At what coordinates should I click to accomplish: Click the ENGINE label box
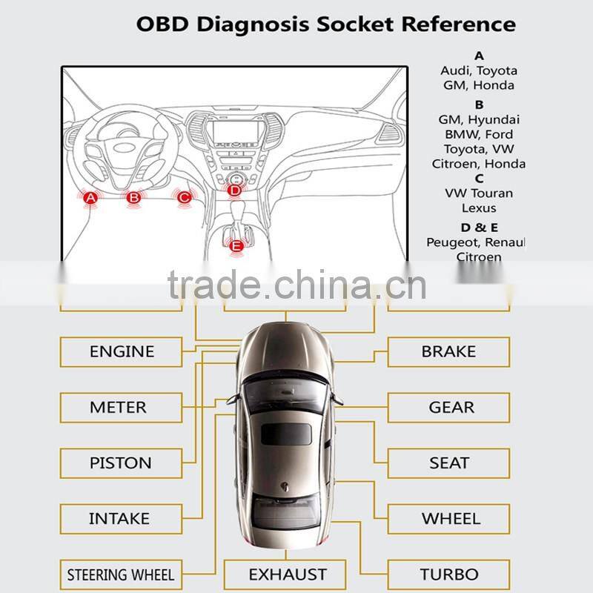tap(122, 351)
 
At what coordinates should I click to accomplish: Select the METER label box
tap(119, 407)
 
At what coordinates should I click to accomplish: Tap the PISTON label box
tap(121, 463)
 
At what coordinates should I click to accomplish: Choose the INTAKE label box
tap(119, 518)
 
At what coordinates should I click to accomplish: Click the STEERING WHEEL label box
tap(121, 574)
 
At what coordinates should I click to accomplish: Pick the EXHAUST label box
tap(287, 574)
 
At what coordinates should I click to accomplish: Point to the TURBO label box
tap(448, 574)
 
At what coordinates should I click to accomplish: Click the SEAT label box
tap(448, 463)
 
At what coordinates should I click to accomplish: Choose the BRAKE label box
tap(448, 351)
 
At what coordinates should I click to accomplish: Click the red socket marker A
tap(90, 198)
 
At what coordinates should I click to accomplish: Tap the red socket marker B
tap(133, 198)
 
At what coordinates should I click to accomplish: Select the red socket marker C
tap(184, 197)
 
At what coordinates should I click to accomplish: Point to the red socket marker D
tap(234, 191)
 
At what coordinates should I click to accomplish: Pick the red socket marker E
tap(236, 246)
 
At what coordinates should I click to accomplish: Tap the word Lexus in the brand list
tap(479, 208)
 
